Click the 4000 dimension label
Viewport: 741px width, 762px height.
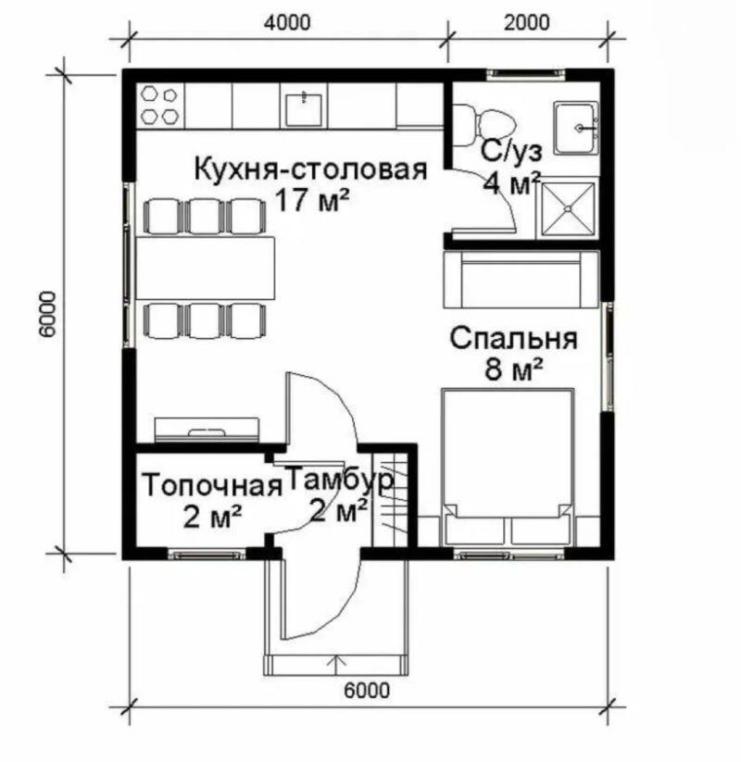287,23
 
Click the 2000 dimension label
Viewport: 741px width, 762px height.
527,23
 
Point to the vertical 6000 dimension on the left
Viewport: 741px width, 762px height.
47,314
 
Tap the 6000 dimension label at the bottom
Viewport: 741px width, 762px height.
367,691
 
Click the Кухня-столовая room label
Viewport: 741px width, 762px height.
310,169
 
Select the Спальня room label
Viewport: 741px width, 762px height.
513,338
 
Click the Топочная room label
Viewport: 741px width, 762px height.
212,485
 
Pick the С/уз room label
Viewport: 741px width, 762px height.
511,152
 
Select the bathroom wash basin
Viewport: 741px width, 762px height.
576,128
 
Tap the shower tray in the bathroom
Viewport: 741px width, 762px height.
567,208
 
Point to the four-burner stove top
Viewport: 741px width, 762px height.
159,105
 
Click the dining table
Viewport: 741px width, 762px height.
206,268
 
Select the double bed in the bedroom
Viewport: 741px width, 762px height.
508,467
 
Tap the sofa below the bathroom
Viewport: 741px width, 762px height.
521,280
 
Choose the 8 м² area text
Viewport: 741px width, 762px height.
513,369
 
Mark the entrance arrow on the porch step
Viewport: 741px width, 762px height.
336,665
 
